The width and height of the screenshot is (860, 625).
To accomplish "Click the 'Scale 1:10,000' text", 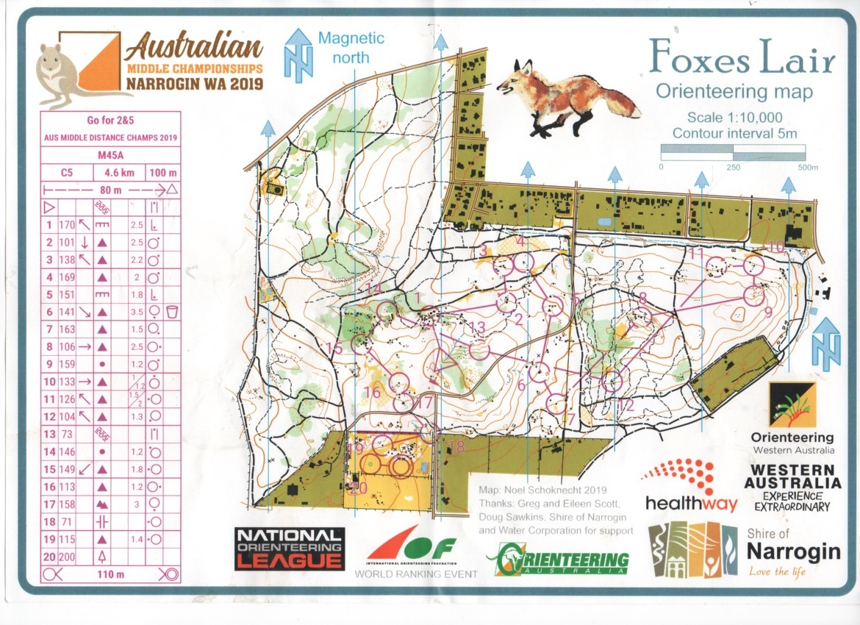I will click(x=734, y=117).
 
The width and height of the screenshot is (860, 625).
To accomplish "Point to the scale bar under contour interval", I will click(x=732, y=152).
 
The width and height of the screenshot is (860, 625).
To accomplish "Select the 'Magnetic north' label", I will click(x=352, y=47).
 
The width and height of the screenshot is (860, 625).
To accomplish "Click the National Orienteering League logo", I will click(x=289, y=549).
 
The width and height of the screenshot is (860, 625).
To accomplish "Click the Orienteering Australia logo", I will click(x=562, y=560).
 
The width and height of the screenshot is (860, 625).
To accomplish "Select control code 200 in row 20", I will click(x=67, y=557).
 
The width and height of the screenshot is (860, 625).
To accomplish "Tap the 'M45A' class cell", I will click(x=107, y=155).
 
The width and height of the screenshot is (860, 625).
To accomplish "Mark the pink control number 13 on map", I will click(x=477, y=327).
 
